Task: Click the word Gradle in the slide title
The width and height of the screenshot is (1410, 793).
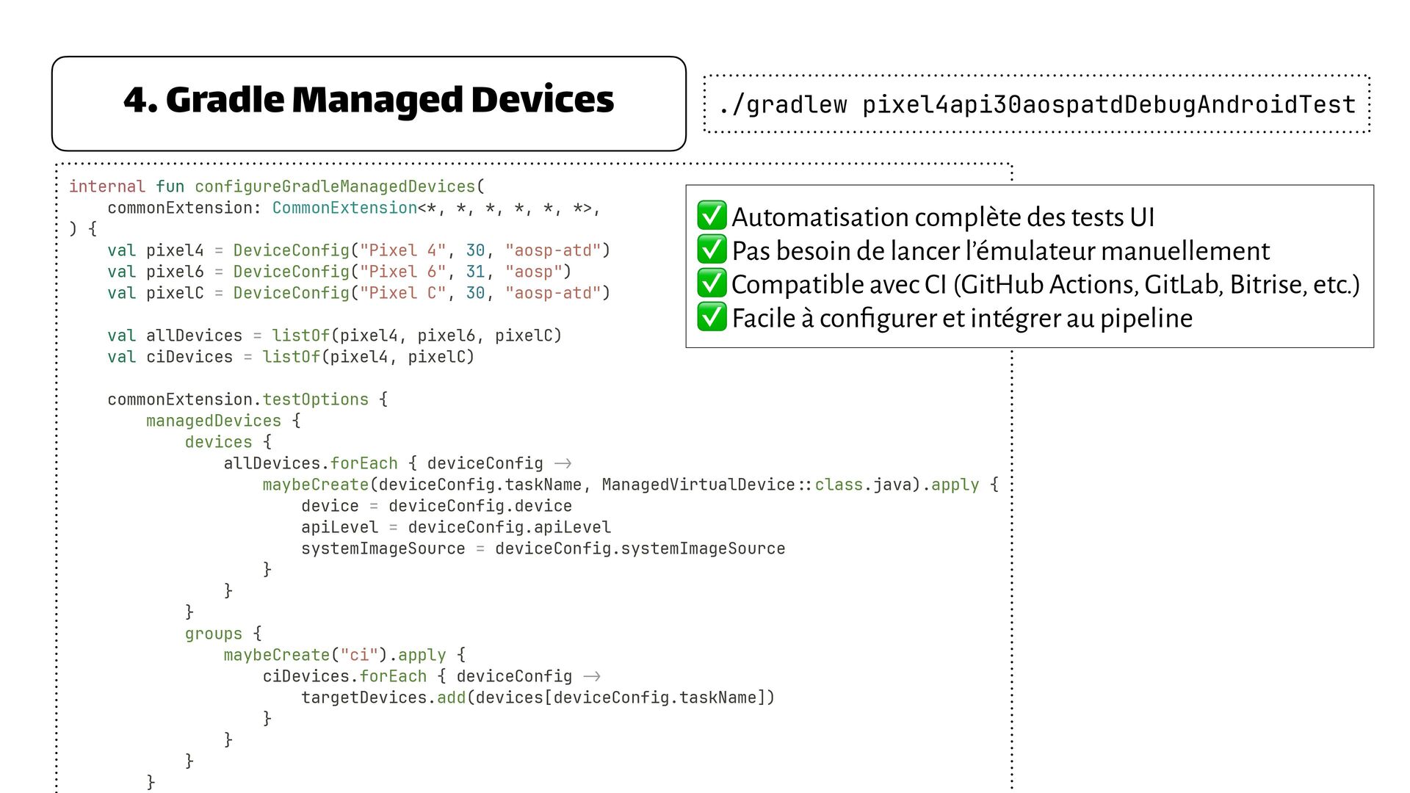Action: click(223, 101)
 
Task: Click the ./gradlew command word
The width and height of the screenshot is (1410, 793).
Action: click(782, 105)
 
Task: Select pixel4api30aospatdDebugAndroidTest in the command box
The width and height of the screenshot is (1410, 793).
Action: click(1108, 105)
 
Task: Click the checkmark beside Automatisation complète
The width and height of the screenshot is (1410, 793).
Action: click(712, 216)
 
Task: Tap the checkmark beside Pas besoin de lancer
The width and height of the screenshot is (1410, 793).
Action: click(712, 250)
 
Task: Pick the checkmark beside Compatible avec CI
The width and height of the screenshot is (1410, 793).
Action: click(712, 283)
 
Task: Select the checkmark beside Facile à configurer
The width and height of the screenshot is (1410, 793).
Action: click(712, 317)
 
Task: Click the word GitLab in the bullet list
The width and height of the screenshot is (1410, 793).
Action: click(1183, 284)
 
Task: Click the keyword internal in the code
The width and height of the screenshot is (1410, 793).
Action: click(106, 187)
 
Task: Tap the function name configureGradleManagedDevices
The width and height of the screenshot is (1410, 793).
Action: click(335, 187)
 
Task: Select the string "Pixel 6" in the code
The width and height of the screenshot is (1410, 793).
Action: click(402, 272)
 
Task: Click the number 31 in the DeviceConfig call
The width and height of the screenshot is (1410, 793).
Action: click(475, 272)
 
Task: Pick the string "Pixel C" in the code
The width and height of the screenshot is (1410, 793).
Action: click(402, 293)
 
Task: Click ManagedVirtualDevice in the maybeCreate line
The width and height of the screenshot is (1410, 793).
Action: click(698, 485)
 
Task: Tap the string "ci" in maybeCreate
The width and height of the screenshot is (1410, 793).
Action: click(359, 655)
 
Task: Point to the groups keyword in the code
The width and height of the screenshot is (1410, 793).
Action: click(213, 634)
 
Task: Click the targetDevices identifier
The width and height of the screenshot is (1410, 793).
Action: click(364, 698)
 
